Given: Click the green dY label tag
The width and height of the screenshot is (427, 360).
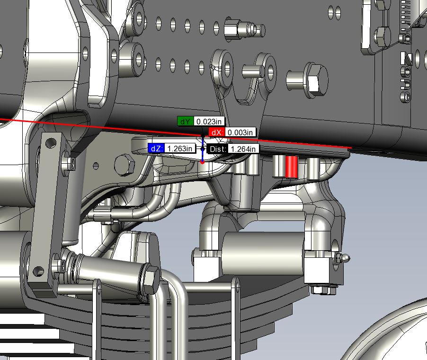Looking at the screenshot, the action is [186, 122].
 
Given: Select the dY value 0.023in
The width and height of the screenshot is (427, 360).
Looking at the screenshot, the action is [209, 122].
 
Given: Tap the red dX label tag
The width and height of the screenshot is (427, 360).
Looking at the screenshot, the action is [217, 132].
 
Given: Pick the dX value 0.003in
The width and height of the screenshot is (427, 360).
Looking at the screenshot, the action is [240, 132].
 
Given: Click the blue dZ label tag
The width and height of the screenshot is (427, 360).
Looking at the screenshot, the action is [156, 149].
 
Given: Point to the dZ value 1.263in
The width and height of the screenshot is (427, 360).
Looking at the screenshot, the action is [180, 149].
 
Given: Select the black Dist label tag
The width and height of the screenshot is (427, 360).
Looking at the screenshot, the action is [218, 149].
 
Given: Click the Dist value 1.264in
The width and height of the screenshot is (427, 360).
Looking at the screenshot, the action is [243, 149].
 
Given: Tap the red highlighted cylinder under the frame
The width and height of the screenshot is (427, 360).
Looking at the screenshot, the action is [291, 167].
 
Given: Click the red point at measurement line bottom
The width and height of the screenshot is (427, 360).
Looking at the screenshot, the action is [202, 162].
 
